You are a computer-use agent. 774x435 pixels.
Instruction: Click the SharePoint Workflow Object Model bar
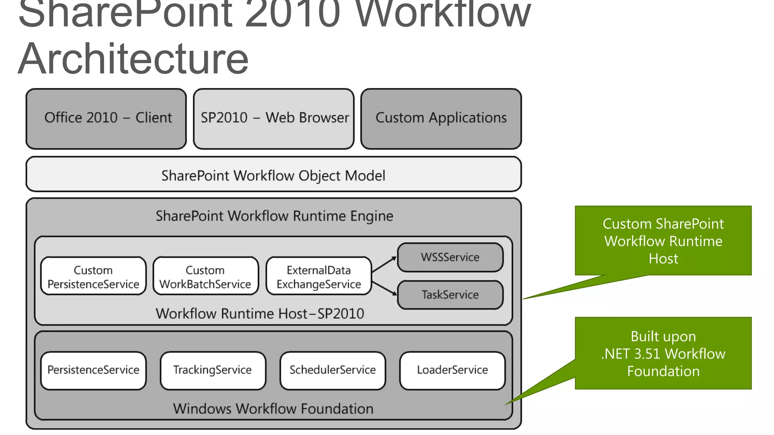coord(274,175)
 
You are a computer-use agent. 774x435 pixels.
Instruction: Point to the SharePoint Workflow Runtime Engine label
coord(274,216)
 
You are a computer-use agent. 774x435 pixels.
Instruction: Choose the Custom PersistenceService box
coord(93,276)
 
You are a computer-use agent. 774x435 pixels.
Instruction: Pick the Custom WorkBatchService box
coord(206,276)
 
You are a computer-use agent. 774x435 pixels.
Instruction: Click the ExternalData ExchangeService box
coord(319,276)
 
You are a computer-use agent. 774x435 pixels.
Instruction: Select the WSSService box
coord(450,257)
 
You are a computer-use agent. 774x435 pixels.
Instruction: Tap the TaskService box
coord(450,295)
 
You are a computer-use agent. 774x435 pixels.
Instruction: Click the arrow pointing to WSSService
coord(384,264)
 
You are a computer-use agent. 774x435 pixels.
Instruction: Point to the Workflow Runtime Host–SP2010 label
coord(260,313)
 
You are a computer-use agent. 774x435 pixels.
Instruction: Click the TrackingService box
coord(212,370)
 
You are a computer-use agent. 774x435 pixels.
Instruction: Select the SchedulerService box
coord(333,370)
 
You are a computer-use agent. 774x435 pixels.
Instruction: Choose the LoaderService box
coord(452,370)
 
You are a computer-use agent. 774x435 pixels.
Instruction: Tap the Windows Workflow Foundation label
coord(273,409)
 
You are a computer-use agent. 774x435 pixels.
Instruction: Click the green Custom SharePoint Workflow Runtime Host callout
coord(663,241)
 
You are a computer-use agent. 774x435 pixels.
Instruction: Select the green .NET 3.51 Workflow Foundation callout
coord(663,353)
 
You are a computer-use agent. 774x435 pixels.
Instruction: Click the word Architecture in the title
coord(133,59)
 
